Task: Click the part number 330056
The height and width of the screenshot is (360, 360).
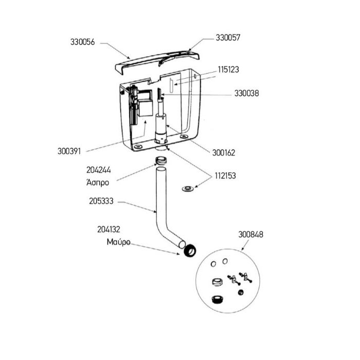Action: tap(82, 42)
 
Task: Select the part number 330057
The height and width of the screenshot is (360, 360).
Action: tap(228, 38)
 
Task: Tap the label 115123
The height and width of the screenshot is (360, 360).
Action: tap(228, 69)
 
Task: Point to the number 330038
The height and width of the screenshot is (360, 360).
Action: tap(246, 93)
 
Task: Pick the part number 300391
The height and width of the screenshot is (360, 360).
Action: tap(69, 151)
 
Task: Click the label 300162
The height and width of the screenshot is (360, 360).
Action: tap(224, 153)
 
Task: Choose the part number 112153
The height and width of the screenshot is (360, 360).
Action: tap(225, 176)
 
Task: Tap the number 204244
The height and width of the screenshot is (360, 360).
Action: tap(99, 170)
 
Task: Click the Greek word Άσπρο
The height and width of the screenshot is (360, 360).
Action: tap(98, 182)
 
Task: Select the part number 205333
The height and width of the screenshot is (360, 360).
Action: tap(101, 201)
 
